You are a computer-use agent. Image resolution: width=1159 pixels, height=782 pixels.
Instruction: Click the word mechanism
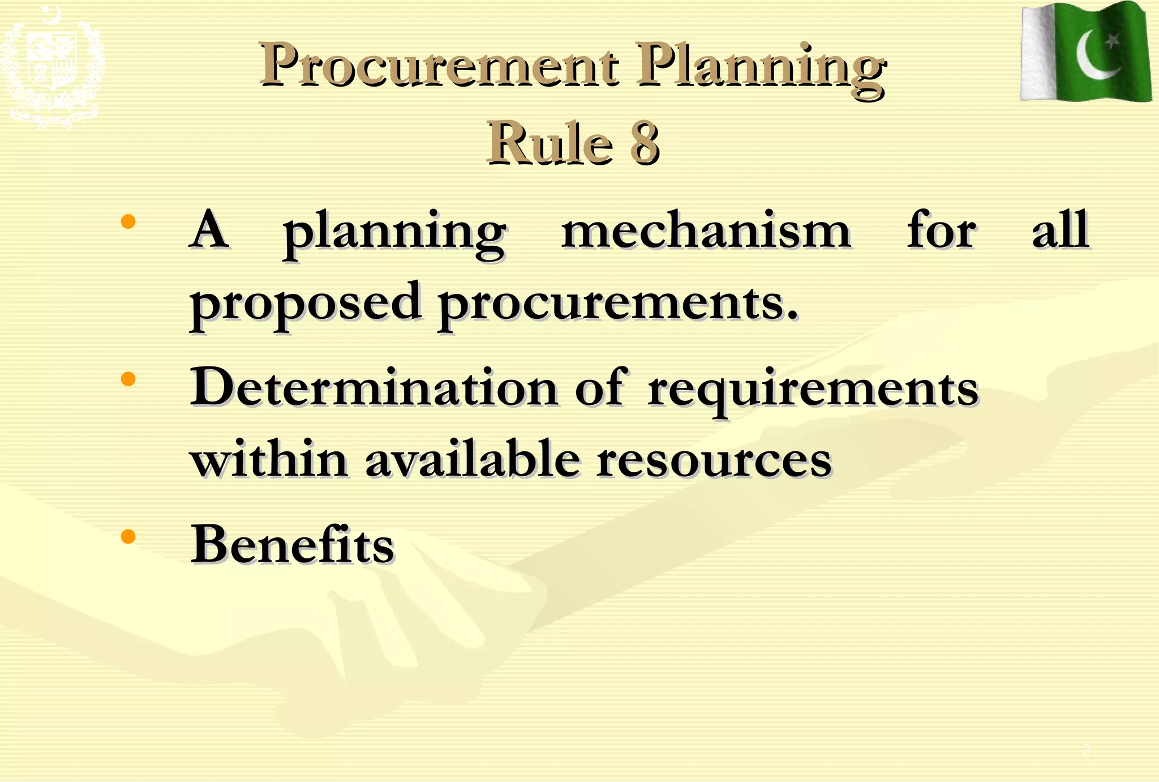click(706, 231)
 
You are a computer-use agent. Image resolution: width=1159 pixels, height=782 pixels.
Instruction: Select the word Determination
click(374, 388)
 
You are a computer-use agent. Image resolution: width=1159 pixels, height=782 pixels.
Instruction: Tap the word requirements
click(813, 391)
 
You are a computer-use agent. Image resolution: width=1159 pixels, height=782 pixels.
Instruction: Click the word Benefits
click(292, 544)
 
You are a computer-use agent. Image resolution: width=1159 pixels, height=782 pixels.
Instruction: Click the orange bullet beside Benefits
click(128, 536)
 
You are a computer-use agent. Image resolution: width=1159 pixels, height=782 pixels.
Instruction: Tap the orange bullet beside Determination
click(128, 378)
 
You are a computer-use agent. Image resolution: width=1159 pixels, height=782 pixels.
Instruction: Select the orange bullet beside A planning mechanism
click(128, 221)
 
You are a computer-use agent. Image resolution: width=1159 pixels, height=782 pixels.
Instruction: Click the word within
click(269, 459)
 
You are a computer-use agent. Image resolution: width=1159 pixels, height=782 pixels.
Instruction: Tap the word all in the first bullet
click(1060, 230)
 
